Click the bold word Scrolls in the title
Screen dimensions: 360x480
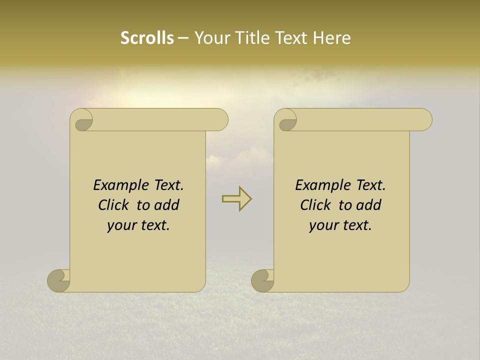click(x=147, y=38)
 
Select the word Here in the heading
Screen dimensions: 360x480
click(x=332, y=38)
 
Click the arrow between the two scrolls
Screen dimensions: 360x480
click(x=236, y=199)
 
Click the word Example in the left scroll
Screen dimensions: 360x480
click(x=115, y=185)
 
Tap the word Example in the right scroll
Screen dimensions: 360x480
click(x=317, y=185)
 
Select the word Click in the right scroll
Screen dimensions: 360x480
click(x=315, y=205)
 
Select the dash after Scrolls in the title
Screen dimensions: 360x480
click(x=183, y=38)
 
